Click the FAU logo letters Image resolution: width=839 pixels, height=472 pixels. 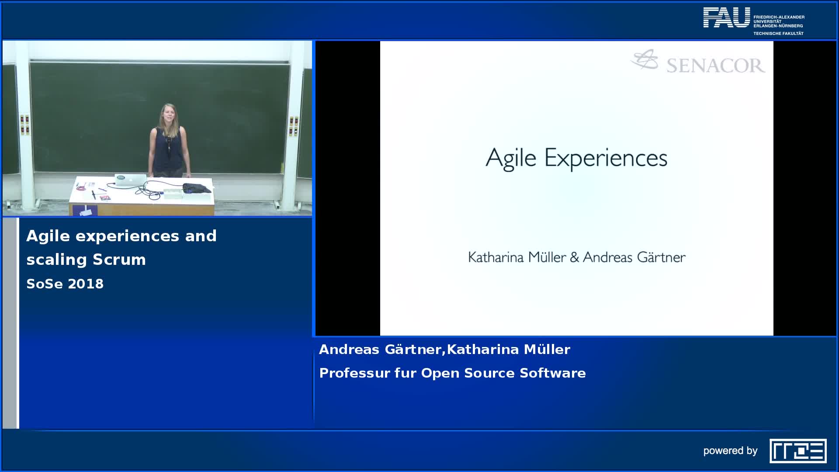click(x=727, y=17)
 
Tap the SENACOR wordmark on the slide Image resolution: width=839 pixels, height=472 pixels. click(x=716, y=66)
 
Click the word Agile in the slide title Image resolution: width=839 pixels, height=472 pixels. click(x=511, y=159)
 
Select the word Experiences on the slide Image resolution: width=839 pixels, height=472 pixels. click(x=606, y=159)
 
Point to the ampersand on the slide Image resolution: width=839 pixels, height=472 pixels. click(x=575, y=257)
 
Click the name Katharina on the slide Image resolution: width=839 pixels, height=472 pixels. click(x=496, y=257)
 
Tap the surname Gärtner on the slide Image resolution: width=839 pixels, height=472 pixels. click(x=661, y=257)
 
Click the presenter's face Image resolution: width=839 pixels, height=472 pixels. click(x=168, y=114)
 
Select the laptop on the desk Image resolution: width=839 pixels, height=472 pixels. click(x=130, y=180)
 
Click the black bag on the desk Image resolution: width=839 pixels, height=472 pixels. click(x=197, y=189)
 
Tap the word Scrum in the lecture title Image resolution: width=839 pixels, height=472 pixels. click(x=119, y=260)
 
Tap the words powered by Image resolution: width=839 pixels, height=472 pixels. click(x=730, y=451)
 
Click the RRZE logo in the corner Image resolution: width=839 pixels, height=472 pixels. click(x=798, y=451)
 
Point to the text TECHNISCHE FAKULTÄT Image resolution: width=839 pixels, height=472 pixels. click(x=778, y=33)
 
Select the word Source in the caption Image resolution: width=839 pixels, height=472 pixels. click(x=489, y=373)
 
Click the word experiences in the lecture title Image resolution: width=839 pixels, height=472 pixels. click(x=128, y=236)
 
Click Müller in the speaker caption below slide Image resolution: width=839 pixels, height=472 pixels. click(x=547, y=350)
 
